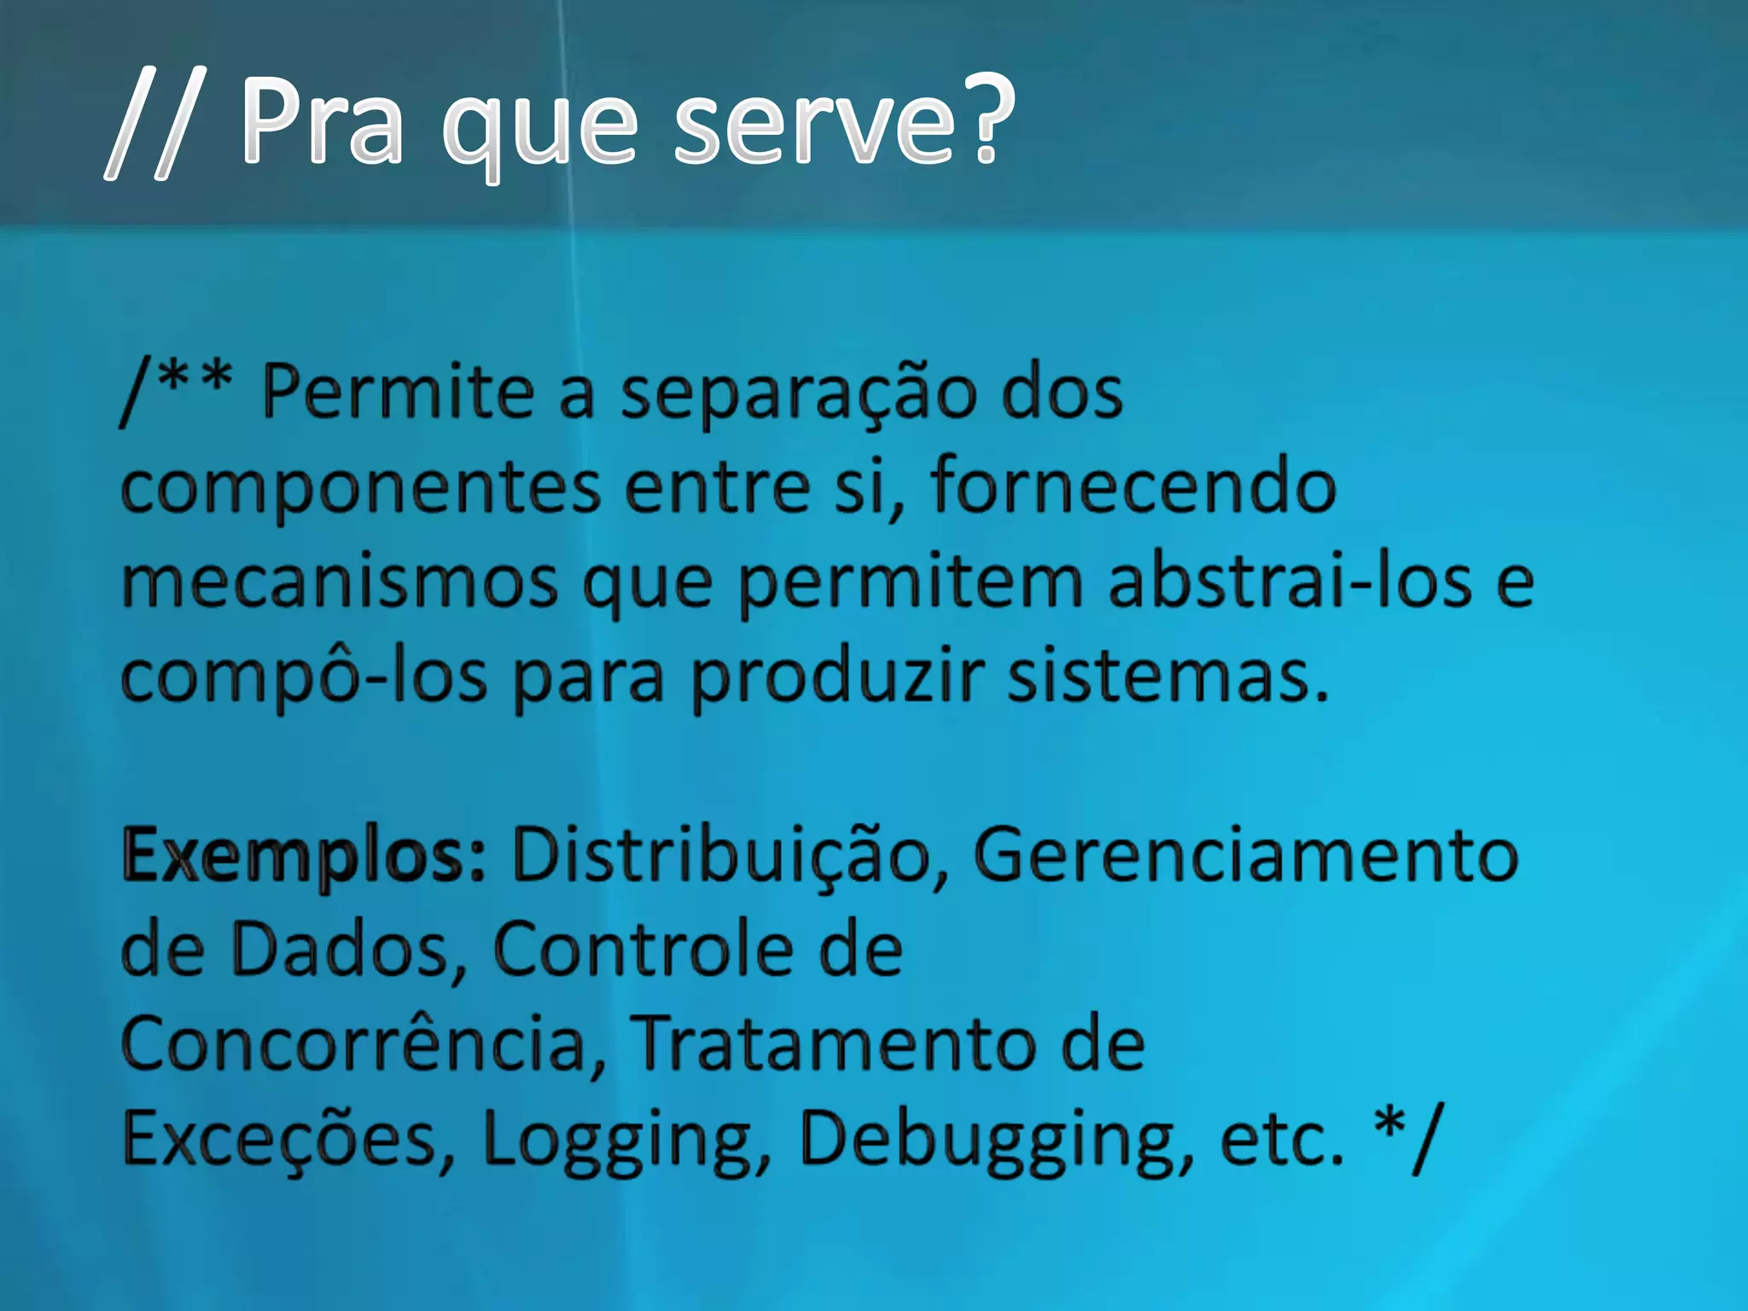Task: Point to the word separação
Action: point(799,394)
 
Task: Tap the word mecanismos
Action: point(340,583)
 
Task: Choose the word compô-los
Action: point(303,676)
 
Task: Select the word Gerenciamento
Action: point(1245,855)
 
